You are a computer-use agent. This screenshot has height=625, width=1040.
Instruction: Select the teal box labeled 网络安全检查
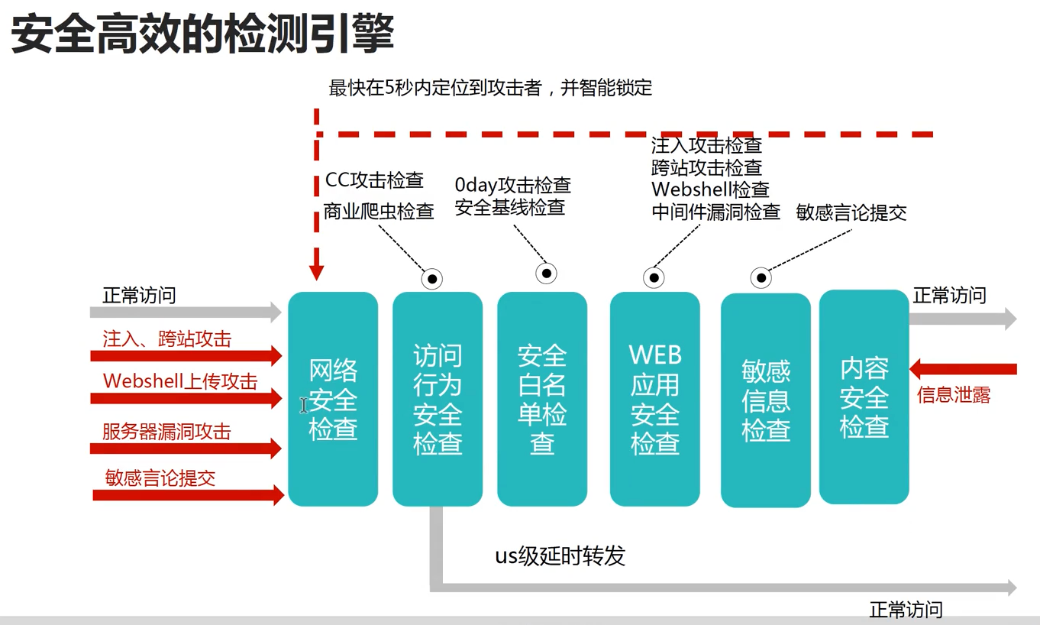click(x=333, y=399)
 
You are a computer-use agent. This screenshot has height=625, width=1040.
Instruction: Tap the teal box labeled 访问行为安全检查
click(x=438, y=399)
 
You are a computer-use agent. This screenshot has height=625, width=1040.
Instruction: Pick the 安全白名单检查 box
click(x=542, y=399)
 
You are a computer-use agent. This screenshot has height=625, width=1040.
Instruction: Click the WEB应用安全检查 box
click(x=655, y=399)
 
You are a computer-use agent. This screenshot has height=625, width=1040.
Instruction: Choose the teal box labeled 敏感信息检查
click(x=766, y=400)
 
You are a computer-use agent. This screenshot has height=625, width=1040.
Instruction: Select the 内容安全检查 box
click(x=864, y=397)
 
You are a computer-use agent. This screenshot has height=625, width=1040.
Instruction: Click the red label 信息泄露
click(x=954, y=395)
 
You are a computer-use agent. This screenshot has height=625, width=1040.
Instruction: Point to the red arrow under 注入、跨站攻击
click(x=186, y=355)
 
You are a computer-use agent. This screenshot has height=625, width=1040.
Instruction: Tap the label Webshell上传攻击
click(x=180, y=381)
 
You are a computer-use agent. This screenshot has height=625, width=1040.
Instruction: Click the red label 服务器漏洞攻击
click(x=166, y=431)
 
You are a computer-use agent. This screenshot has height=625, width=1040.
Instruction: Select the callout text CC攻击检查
click(x=374, y=180)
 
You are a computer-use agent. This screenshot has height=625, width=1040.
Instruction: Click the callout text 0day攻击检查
click(x=512, y=185)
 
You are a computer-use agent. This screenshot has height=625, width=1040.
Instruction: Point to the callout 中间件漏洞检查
click(x=715, y=212)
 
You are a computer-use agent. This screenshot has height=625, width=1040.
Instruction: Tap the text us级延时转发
click(x=560, y=555)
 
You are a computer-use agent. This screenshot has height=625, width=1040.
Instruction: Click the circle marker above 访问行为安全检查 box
click(x=432, y=279)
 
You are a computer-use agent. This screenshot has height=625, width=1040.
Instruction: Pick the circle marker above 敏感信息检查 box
click(x=761, y=278)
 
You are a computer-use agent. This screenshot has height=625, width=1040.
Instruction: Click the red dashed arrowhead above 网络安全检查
click(x=317, y=271)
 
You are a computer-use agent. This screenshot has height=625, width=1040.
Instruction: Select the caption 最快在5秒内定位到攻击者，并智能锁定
click(x=490, y=88)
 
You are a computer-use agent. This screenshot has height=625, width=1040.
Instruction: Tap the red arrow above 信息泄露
click(x=964, y=370)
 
